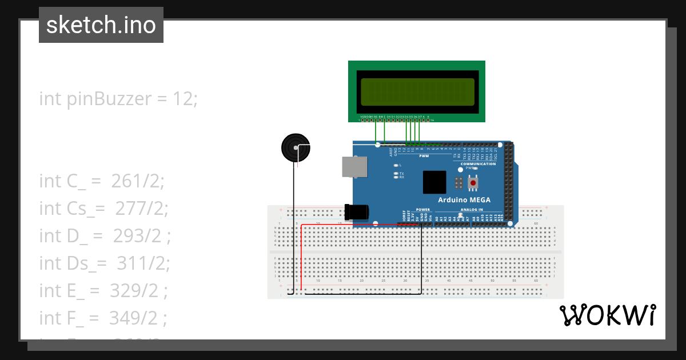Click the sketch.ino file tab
click(101, 25)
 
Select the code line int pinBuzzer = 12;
click(118, 99)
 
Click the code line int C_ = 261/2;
click(101, 181)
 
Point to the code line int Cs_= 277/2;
click(103, 209)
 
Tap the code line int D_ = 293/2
click(105, 236)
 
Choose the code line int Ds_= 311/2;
click(105, 263)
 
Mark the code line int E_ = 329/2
click(103, 290)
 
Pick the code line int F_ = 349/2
click(103, 318)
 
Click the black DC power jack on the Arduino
click(357, 211)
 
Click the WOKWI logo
click(607, 315)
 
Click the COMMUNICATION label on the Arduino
click(478, 164)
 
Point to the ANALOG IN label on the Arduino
click(472, 210)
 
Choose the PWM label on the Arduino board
click(424, 155)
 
